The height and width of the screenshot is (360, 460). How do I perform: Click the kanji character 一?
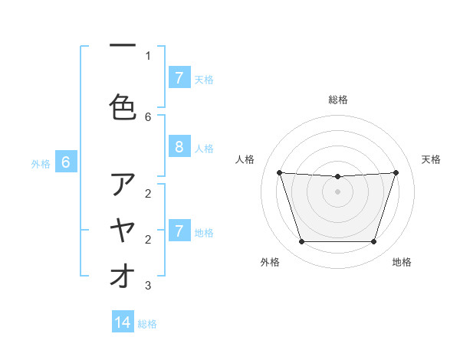123,47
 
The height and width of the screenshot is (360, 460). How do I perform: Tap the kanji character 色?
123,107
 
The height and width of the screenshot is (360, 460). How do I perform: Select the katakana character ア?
123,185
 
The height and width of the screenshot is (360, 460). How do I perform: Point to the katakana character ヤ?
123,231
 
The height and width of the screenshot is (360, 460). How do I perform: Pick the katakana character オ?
123,277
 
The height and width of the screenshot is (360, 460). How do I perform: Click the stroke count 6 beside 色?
148,116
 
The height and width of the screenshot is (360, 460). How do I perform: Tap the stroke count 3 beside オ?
148,286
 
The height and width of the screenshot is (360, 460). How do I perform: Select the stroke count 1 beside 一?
148,55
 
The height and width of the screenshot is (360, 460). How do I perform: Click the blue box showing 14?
123,322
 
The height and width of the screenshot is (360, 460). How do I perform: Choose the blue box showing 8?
179,148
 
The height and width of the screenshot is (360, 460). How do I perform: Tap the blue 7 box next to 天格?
179,78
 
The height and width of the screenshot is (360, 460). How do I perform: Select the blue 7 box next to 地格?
179,231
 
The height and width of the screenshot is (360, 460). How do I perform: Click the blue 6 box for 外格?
66,162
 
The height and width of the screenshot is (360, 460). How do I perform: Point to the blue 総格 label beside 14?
147,324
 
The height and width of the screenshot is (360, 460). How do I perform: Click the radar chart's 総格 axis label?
337,100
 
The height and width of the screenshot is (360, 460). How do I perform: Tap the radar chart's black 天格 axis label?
431,159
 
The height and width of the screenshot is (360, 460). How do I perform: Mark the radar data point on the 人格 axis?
280,172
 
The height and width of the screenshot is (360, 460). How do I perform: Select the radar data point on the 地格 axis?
373,242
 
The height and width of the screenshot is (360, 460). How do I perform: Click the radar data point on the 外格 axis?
301,242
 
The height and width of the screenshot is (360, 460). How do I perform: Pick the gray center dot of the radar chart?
337,191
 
